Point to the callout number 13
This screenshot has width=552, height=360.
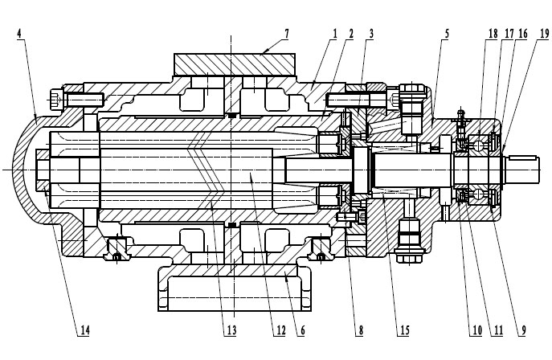click(x=231, y=329)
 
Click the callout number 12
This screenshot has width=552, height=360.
click(x=279, y=329)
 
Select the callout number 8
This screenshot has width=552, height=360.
click(x=361, y=329)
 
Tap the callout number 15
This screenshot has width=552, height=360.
click(x=395, y=329)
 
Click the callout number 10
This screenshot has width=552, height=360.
click(x=477, y=329)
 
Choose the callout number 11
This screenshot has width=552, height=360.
click(x=498, y=329)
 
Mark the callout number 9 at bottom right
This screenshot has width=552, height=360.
click(x=523, y=329)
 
